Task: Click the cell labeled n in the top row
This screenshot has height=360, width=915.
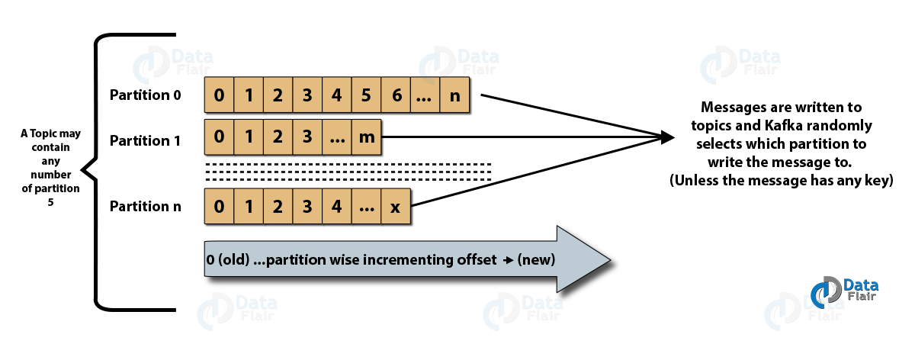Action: [x=455, y=97]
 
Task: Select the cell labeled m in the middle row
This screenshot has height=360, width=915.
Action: [x=367, y=138]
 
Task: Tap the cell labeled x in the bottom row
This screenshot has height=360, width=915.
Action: [x=395, y=207]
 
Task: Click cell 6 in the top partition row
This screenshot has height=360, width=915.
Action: [x=396, y=97]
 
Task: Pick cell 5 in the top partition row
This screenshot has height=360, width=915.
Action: [x=366, y=97]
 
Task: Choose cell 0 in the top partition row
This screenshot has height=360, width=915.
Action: [x=220, y=97]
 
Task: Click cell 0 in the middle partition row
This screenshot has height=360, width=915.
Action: [x=220, y=138]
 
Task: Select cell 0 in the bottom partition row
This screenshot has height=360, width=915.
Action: [x=220, y=207]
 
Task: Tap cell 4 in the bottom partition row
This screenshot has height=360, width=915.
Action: [x=337, y=207]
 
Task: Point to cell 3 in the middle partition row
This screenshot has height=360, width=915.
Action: [x=307, y=138]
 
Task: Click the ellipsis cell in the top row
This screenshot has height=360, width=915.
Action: [x=425, y=97]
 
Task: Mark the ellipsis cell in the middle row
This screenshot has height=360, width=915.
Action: [x=337, y=138]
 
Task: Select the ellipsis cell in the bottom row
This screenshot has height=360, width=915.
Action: [x=366, y=207]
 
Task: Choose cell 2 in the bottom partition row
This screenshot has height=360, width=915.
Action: [x=278, y=207]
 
